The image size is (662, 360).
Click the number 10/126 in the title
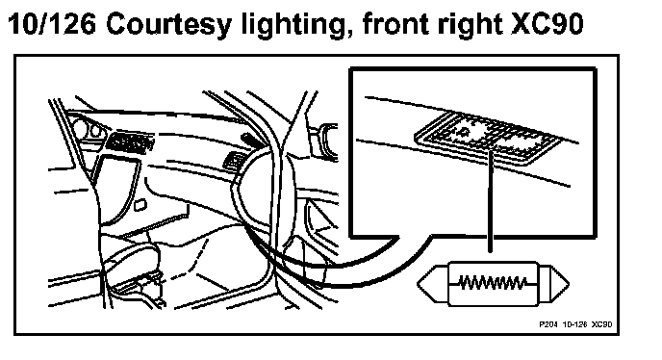coord(52,24)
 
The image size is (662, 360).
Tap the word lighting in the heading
coord(297,25)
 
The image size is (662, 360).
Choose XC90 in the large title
coord(547,24)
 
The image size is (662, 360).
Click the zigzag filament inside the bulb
coord(493,283)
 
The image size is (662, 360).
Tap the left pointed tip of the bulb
coord(418,284)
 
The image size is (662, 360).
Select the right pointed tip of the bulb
coord(569,284)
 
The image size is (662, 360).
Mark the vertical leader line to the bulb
coord(490,198)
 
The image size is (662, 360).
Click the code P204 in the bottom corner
coord(548,324)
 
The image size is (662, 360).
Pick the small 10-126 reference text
coord(575,324)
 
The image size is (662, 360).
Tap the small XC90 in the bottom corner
coord(602,324)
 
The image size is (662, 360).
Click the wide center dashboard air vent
coord(130,141)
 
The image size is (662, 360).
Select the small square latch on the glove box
coord(140,205)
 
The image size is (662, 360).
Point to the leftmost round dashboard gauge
coord(80,127)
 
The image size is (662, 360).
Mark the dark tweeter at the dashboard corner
coord(249,140)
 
